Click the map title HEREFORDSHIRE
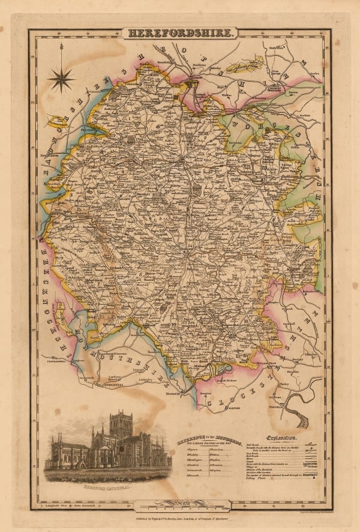click(179, 33)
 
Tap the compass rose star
click(62, 77)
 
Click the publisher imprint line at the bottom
click(180, 516)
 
